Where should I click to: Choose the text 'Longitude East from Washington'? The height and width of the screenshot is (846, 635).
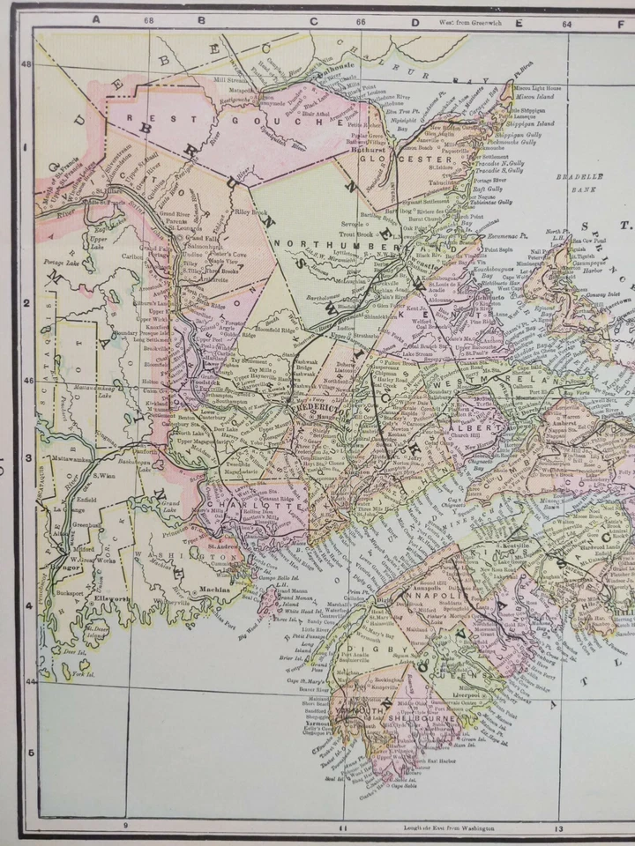[x=448, y=827]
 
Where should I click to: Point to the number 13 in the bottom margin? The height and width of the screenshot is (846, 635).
[x=558, y=827]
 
